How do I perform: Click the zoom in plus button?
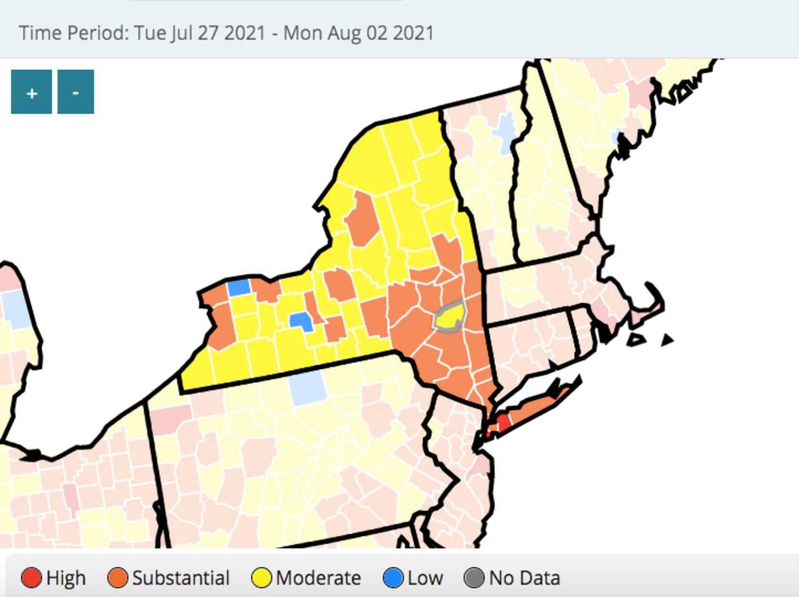[31, 92]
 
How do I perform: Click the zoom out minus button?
[76, 92]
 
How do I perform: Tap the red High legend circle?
[31, 578]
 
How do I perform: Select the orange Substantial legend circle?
[117, 578]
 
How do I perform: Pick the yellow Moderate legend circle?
[262, 578]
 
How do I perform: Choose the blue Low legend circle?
[393, 578]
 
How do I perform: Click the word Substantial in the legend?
[181, 578]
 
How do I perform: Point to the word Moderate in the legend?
[318, 578]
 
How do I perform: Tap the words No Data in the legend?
[524, 578]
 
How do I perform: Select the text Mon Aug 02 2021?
[358, 32]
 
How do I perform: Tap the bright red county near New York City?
[503, 423]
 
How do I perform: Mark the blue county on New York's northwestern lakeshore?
[238, 288]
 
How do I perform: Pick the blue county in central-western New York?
[301, 321]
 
